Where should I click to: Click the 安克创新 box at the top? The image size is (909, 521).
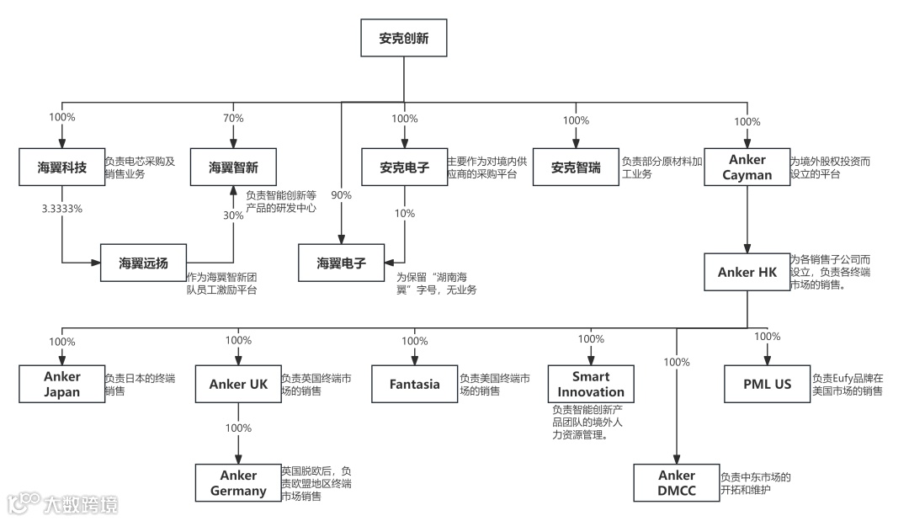(x=402, y=39)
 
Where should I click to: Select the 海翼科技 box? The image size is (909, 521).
(x=61, y=167)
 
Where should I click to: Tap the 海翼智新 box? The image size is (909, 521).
(x=233, y=167)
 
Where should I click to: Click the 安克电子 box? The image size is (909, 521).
(x=405, y=167)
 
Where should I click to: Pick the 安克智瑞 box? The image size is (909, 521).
(x=576, y=167)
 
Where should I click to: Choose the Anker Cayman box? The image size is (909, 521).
(x=747, y=167)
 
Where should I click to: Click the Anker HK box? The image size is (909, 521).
(x=747, y=272)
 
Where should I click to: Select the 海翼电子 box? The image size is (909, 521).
(x=342, y=263)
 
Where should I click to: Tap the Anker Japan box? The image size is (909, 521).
(x=61, y=384)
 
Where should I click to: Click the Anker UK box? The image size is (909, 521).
(x=238, y=384)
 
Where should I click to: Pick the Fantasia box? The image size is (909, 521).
(x=414, y=384)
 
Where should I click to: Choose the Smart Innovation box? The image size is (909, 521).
(x=590, y=384)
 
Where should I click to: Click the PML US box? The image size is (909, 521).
(x=767, y=384)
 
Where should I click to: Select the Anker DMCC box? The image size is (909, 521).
(x=677, y=483)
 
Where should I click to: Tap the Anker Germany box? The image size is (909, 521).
(x=238, y=483)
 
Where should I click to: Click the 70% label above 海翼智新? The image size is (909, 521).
(x=233, y=119)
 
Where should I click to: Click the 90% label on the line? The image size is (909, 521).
(x=341, y=194)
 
